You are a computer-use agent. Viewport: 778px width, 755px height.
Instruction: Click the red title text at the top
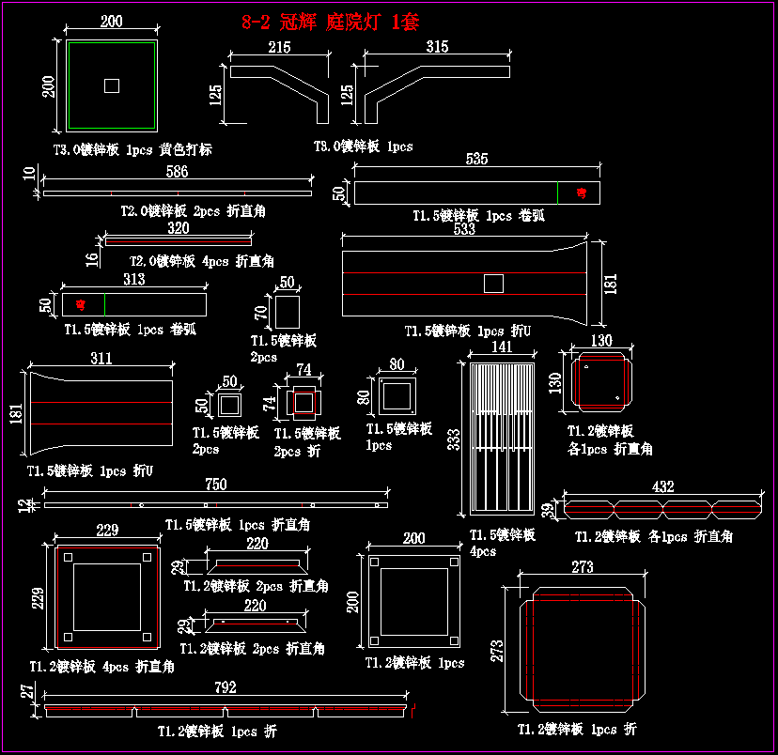[330, 23]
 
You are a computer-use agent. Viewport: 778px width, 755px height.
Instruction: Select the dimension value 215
[279, 47]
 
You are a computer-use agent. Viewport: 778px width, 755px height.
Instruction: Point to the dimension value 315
[437, 47]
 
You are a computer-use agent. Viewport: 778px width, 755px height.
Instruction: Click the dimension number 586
[177, 172]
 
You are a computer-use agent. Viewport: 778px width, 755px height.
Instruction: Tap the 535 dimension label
[476, 159]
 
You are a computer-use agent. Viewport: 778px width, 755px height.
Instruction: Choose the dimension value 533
[464, 229]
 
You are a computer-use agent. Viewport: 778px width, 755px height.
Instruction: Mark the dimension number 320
[178, 228]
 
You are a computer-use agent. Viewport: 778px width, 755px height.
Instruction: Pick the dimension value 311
[101, 359]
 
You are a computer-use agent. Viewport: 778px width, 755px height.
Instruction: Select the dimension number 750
[216, 485]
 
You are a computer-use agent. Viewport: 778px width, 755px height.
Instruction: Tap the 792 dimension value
[226, 688]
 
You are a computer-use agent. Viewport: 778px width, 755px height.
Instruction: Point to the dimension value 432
[663, 487]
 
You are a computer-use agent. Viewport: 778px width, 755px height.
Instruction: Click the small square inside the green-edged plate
[112, 85]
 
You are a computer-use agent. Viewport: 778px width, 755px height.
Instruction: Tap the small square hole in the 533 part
[493, 283]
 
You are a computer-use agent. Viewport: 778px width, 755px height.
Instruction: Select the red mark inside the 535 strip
[581, 193]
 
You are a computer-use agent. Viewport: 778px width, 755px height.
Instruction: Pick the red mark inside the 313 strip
[81, 304]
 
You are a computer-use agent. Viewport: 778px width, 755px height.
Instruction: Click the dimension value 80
[397, 364]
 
